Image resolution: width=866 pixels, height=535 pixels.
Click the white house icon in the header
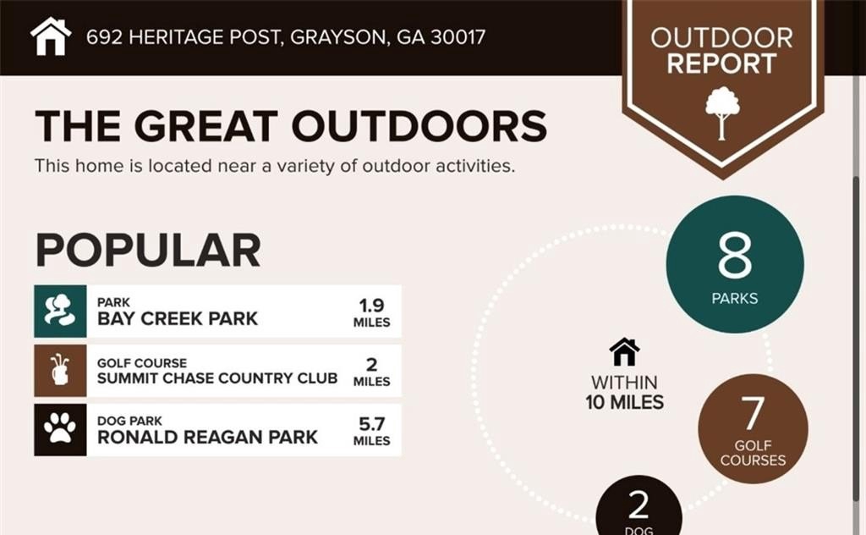point(51,36)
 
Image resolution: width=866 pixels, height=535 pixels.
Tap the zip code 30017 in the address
point(458,37)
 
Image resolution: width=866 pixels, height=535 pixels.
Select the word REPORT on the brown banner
point(722,63)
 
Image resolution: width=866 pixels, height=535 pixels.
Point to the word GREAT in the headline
point(206,126)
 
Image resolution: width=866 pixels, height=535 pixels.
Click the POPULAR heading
point(148,251)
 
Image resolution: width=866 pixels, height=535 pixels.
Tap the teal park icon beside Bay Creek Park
point(60,312)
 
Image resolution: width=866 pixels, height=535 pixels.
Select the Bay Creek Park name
point(178,319)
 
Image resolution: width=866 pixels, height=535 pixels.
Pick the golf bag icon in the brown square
point(60,370)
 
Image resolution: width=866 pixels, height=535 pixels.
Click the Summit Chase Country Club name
point(217,378)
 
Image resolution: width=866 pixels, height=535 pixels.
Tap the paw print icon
point(60,428)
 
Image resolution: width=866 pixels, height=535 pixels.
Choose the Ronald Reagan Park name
point(207,437)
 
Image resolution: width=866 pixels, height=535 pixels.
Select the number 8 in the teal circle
point(735,255)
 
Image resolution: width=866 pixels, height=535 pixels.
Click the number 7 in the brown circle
point(752,412)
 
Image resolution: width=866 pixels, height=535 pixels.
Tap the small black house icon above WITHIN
point(625,351)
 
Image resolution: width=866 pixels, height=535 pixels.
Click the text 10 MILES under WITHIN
point(625,402)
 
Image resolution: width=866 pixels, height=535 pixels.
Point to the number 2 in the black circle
point(639,505)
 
